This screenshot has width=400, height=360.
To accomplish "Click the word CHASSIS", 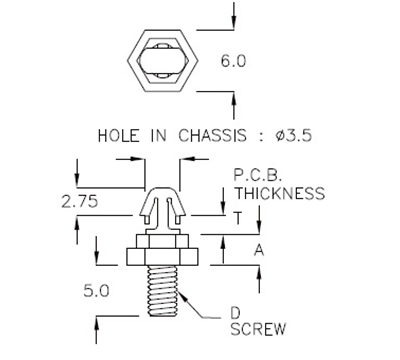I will (x=209, y=135).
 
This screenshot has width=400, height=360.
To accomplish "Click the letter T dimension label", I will (x=238, y=217).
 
